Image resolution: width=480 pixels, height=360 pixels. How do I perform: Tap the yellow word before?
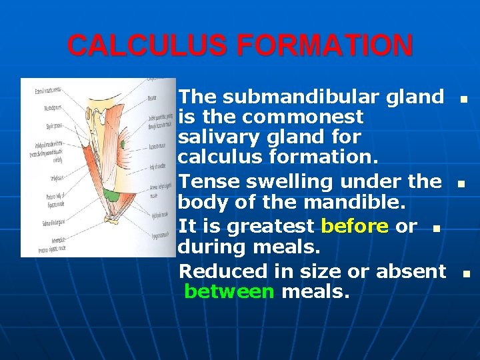[355, 227]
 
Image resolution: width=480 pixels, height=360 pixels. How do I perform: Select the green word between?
[229, 291]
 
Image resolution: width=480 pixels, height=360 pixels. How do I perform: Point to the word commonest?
[304, 117]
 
